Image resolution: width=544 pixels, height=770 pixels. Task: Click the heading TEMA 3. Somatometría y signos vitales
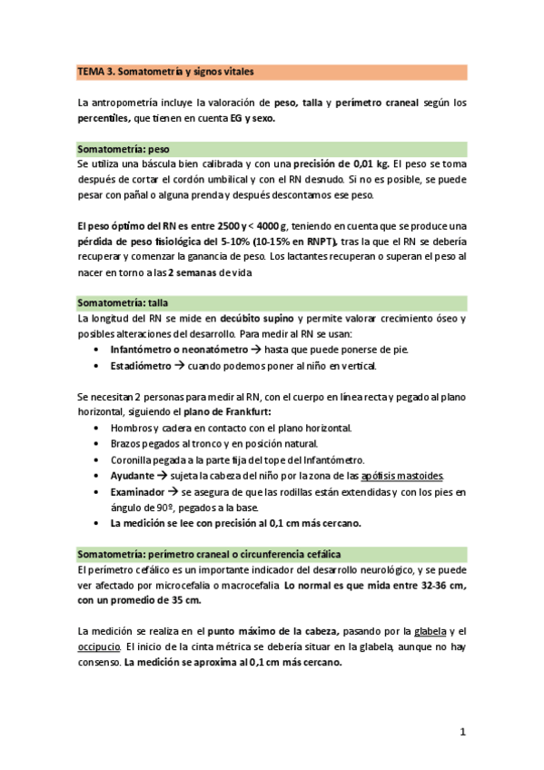tap(165, 70)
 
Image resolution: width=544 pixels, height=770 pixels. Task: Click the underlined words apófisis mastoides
tap(402, 475)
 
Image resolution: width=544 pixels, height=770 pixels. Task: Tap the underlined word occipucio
tap(100, 647)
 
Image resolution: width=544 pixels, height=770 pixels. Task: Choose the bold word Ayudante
tap(133, 475)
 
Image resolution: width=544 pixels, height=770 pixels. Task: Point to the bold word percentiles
tap(104, 117)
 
